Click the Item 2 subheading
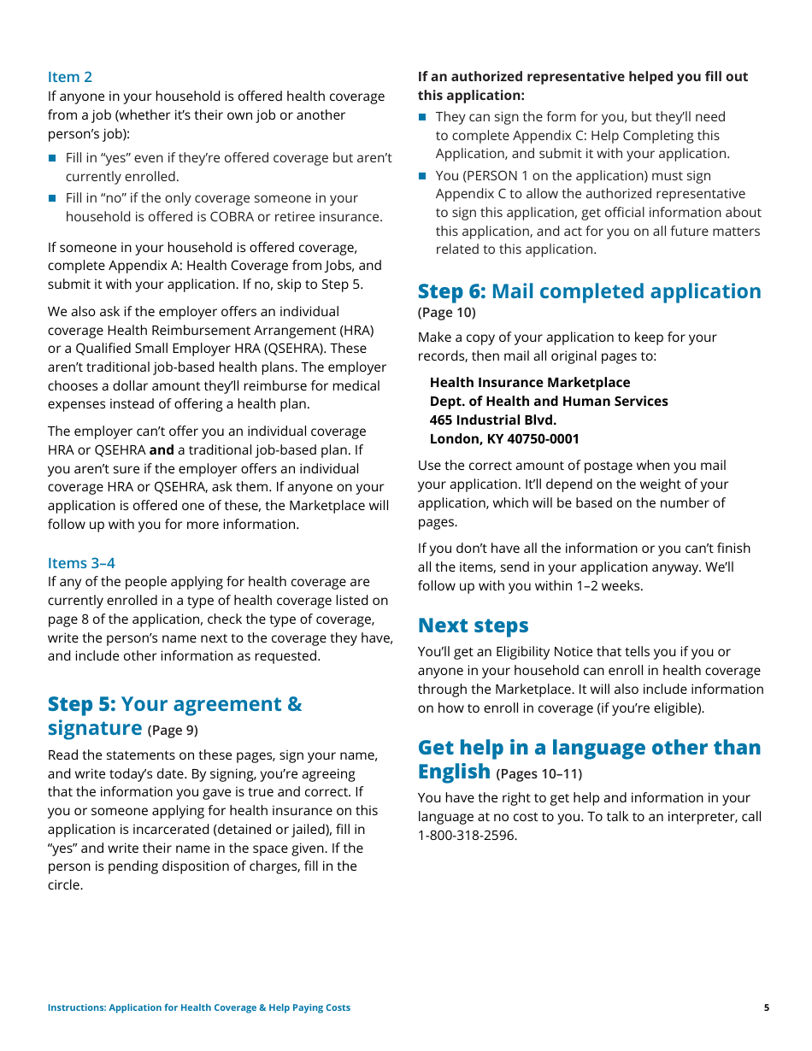70,77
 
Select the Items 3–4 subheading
81,562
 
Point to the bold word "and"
162,449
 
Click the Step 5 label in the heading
81,704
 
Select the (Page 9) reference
173,731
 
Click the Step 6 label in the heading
451,291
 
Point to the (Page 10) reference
447,312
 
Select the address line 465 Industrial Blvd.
493,420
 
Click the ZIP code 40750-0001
538,438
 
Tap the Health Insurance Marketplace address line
530,382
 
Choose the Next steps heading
474,625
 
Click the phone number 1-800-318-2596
468,835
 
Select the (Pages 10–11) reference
538,774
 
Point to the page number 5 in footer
767,1007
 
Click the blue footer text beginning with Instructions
199,1007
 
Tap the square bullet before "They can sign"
422,117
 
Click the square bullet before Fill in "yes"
52,158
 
